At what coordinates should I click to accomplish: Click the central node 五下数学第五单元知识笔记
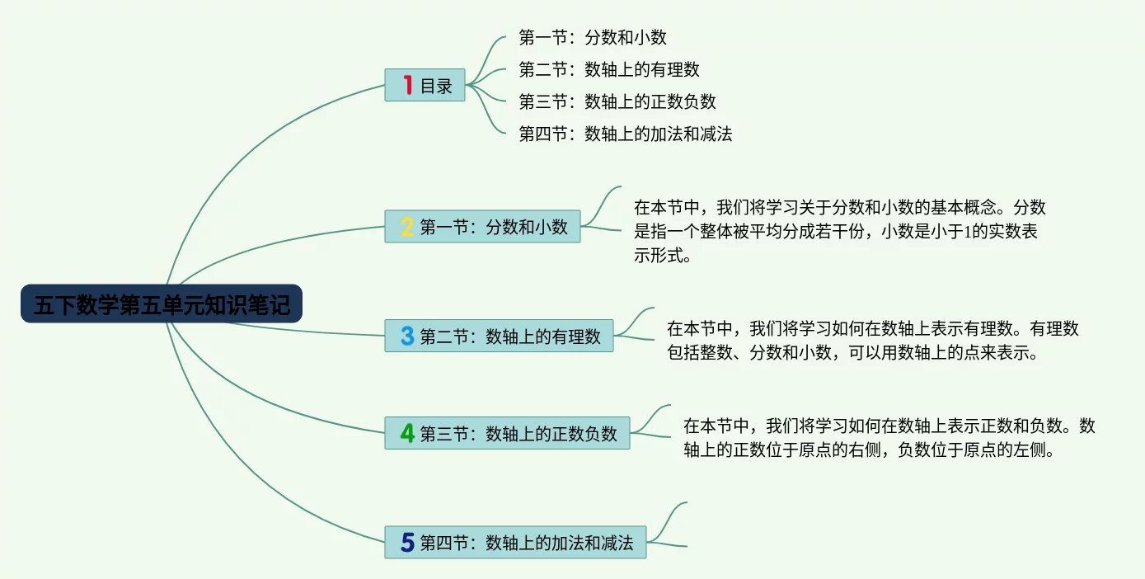(x=162, y=304)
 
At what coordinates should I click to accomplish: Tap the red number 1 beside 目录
(x=408, y=85)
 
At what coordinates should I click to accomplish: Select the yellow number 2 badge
(x=407, y=227)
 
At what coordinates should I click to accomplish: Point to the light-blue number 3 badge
(x=407, y=336)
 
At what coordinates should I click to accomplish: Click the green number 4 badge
(x=407, y=433)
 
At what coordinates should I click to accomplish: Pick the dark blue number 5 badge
(x=407, y=542)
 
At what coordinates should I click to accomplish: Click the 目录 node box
(x=425, y=85)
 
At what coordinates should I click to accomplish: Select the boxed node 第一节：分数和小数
(x=482, y=227)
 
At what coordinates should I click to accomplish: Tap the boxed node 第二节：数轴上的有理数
(x=499, y=336)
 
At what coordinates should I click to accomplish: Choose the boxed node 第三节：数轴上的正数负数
(x=507, y=433)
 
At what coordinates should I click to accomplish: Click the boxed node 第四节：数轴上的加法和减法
(x=515, y=542)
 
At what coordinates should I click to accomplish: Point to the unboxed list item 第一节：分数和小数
(x=593, y=37)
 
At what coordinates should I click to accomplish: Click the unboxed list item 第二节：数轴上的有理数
(x=609, y=69)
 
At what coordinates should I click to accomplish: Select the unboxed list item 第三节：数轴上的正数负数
(x=617, y=101)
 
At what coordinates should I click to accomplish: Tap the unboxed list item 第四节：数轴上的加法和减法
(x=625, y=134)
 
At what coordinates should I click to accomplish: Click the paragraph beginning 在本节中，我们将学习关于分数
(x=840, y=231)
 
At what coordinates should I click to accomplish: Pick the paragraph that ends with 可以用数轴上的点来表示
(x=872, y=340)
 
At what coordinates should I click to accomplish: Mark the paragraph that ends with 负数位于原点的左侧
(x=889, y=438)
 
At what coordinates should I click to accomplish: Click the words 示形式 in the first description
(x=659, y=255)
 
